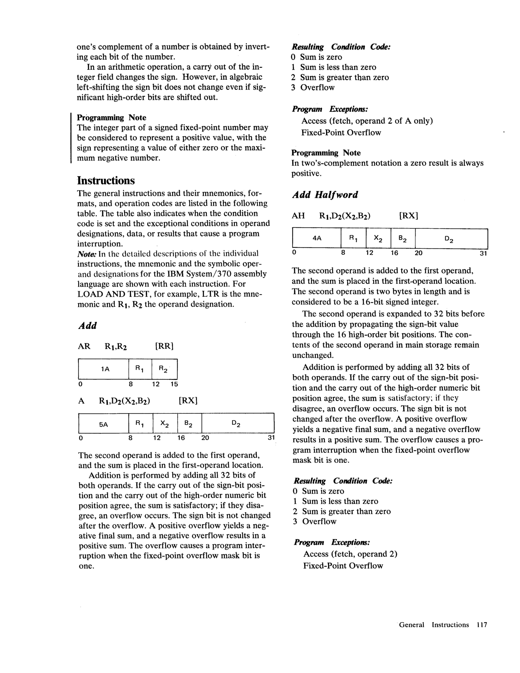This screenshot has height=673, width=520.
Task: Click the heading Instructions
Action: tap(106, 180)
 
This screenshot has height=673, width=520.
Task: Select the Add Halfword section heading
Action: tap(325, 195)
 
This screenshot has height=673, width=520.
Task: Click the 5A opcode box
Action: tap(103, 424)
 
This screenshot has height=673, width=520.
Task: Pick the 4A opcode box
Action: tap(317, 238)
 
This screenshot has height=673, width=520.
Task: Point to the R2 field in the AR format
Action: tap(164, 369)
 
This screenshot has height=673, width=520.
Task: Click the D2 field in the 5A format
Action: tap(237, 424)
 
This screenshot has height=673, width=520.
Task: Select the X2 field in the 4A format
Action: tap(378, 238)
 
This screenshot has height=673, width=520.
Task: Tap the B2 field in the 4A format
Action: tap(403, 238)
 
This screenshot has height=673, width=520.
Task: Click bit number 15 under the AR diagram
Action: tap(175, 384)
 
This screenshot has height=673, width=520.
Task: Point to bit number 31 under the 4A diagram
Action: tap(483, 253)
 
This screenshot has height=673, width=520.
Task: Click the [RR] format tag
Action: tap(164, 346)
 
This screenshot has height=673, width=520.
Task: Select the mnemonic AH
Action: tap(298, 216)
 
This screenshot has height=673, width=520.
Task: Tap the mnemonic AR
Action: tap(84, 346)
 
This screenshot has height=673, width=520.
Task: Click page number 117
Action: tap(482, 625)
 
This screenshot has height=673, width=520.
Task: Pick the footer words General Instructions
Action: tap(434, 625)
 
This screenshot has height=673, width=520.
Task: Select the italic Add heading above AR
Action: tap(87, 326)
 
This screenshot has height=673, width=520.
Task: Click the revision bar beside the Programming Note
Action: tap(71, 138)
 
